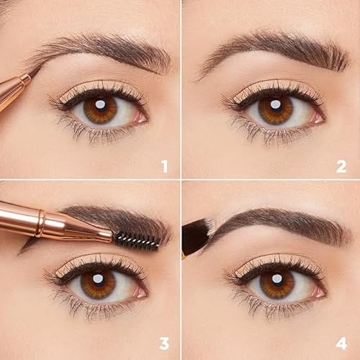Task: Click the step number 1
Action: tap(164, 167)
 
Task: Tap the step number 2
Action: tap(341, 167)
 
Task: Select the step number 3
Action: tap(164, 343)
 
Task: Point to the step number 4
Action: tap(341, 343)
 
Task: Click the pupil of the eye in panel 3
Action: tap(98, 284)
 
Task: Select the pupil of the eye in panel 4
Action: tap(275, 284)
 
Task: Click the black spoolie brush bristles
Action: tap(135, 240)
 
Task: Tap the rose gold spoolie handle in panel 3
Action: tap(50, 224)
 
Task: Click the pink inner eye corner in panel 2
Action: tap(318, 117)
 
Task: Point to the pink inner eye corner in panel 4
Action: tap(317, 291)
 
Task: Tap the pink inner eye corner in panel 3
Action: tap(140, 291)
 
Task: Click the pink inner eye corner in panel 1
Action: tap(141, 116)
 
